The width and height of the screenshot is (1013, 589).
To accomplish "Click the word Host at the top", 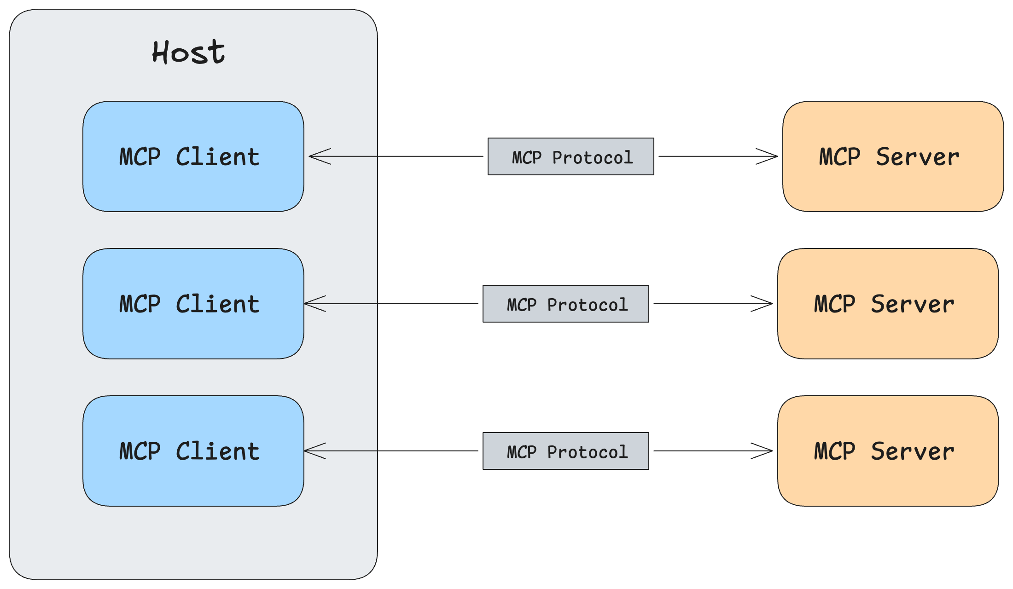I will click(189, 52).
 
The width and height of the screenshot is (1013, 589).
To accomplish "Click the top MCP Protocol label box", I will click(571, 156).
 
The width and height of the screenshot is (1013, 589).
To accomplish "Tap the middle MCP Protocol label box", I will click(565, 304).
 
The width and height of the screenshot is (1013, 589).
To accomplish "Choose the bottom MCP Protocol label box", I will click(565, 451).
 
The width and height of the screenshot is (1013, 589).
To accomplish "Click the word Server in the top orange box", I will click(917, 157).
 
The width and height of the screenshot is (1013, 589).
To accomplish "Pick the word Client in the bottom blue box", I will click(217, 451).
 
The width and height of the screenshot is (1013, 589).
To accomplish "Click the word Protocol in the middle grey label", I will click(588, 305).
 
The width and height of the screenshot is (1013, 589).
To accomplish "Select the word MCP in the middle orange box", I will click(834, 304).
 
